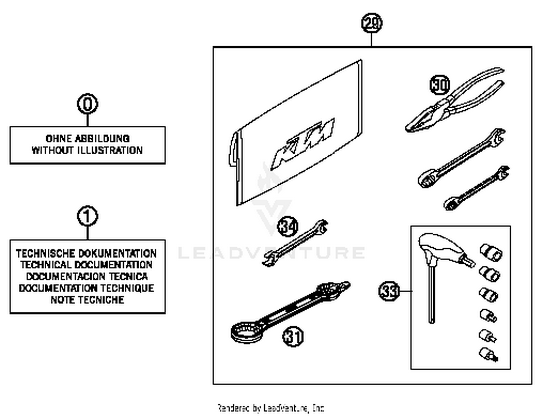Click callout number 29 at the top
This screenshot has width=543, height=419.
(371, 23)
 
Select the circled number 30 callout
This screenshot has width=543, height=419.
(440, 85)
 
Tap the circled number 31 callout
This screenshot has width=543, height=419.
(292, 336)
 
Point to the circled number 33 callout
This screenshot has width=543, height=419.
(389, 291)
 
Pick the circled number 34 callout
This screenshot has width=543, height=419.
(288, 227)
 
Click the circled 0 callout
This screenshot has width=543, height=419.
(87, 104)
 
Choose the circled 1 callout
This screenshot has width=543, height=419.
(87, 216)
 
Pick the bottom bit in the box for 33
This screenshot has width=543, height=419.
(488, 354)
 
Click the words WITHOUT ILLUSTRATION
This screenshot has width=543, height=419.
(87, 150)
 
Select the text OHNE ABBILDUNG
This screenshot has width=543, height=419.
(87, 138)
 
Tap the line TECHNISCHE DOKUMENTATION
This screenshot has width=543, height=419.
(86, 253)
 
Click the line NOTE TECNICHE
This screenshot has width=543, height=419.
(87, 300)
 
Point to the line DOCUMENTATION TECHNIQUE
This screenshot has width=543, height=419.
(87, 288)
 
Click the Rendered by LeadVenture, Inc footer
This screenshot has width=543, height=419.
(271, 408)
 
